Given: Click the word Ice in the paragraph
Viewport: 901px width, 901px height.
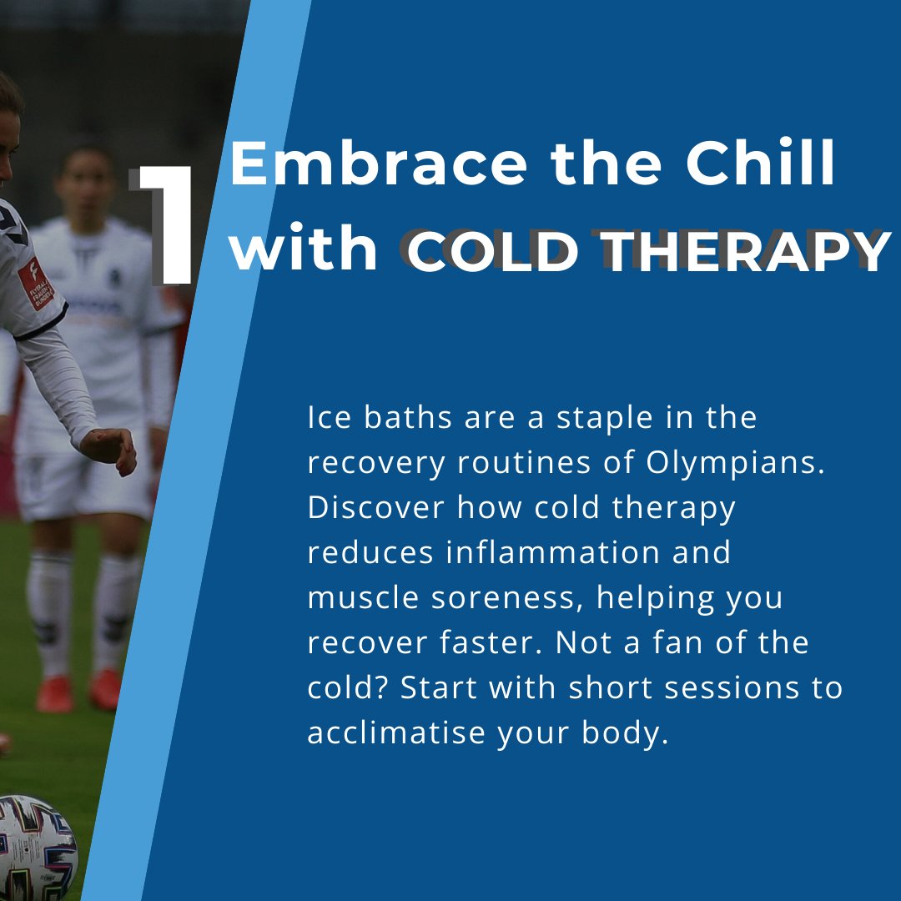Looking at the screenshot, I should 325,417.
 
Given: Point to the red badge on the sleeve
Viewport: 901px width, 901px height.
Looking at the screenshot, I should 34,284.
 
